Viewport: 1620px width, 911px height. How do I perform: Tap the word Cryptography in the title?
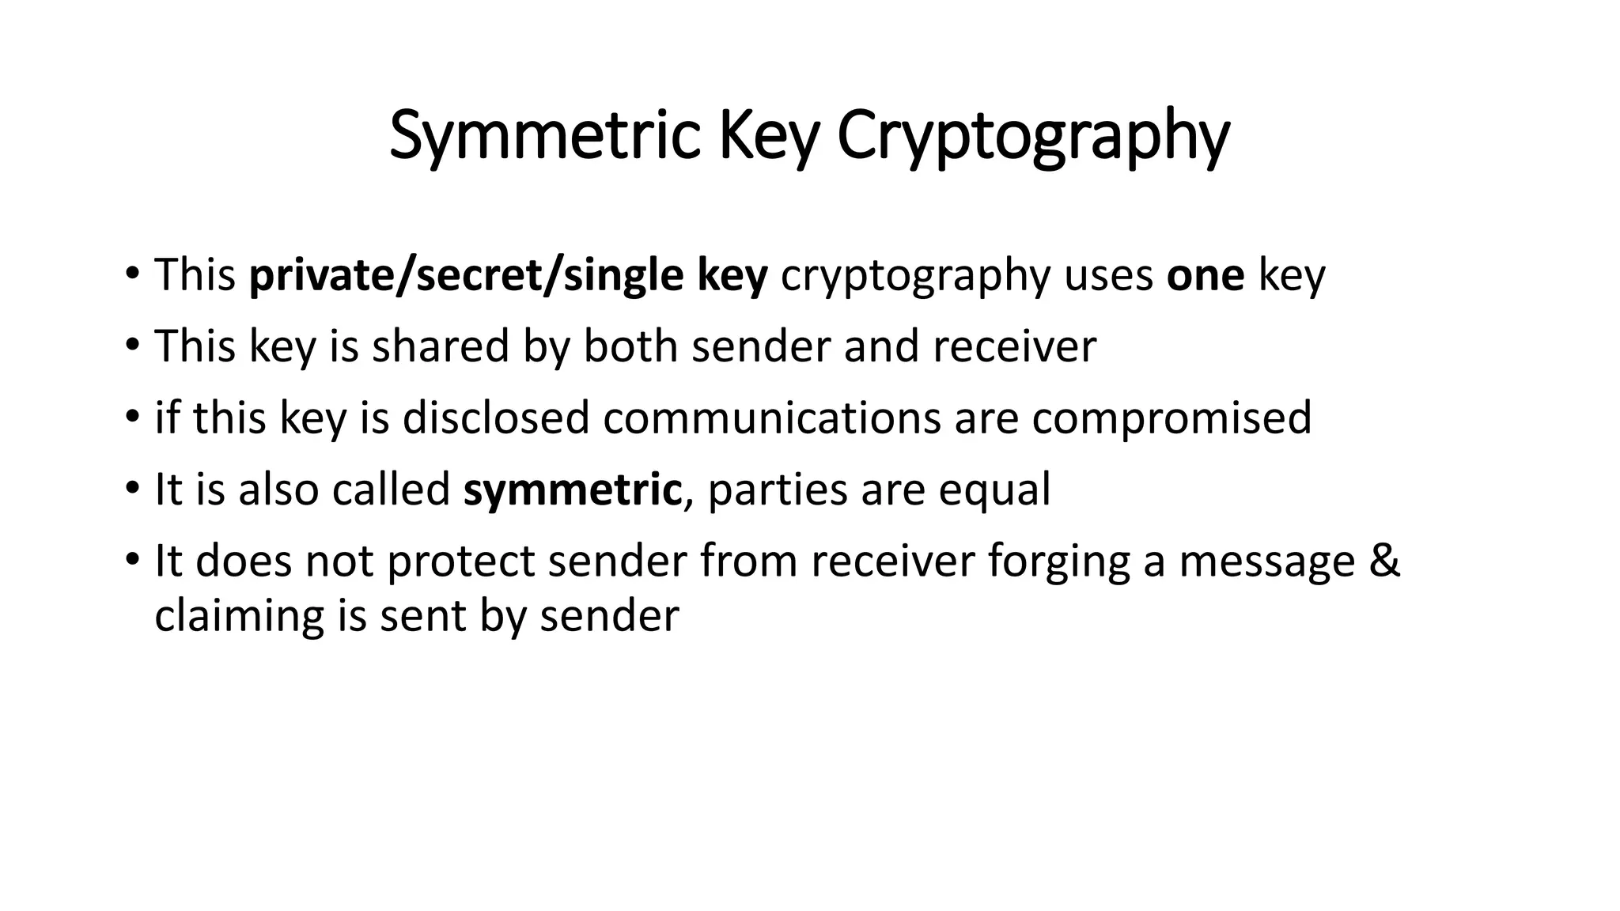(x=1032, y=136)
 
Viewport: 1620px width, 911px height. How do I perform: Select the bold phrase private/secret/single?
(x=466, y=275)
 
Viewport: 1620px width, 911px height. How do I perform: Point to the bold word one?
(x=1206, y=275)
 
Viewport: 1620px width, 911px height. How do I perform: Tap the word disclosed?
(x=496, y=418)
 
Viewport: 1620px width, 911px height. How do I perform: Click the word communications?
(x=772, y=418)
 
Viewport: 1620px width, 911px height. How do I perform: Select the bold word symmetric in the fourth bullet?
(x=573, y=490)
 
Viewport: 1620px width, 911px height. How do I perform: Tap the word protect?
(x=460, y=561)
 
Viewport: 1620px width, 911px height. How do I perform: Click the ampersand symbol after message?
(x=1384, y=561)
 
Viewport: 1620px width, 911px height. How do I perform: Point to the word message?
(x=1267, y=561)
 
